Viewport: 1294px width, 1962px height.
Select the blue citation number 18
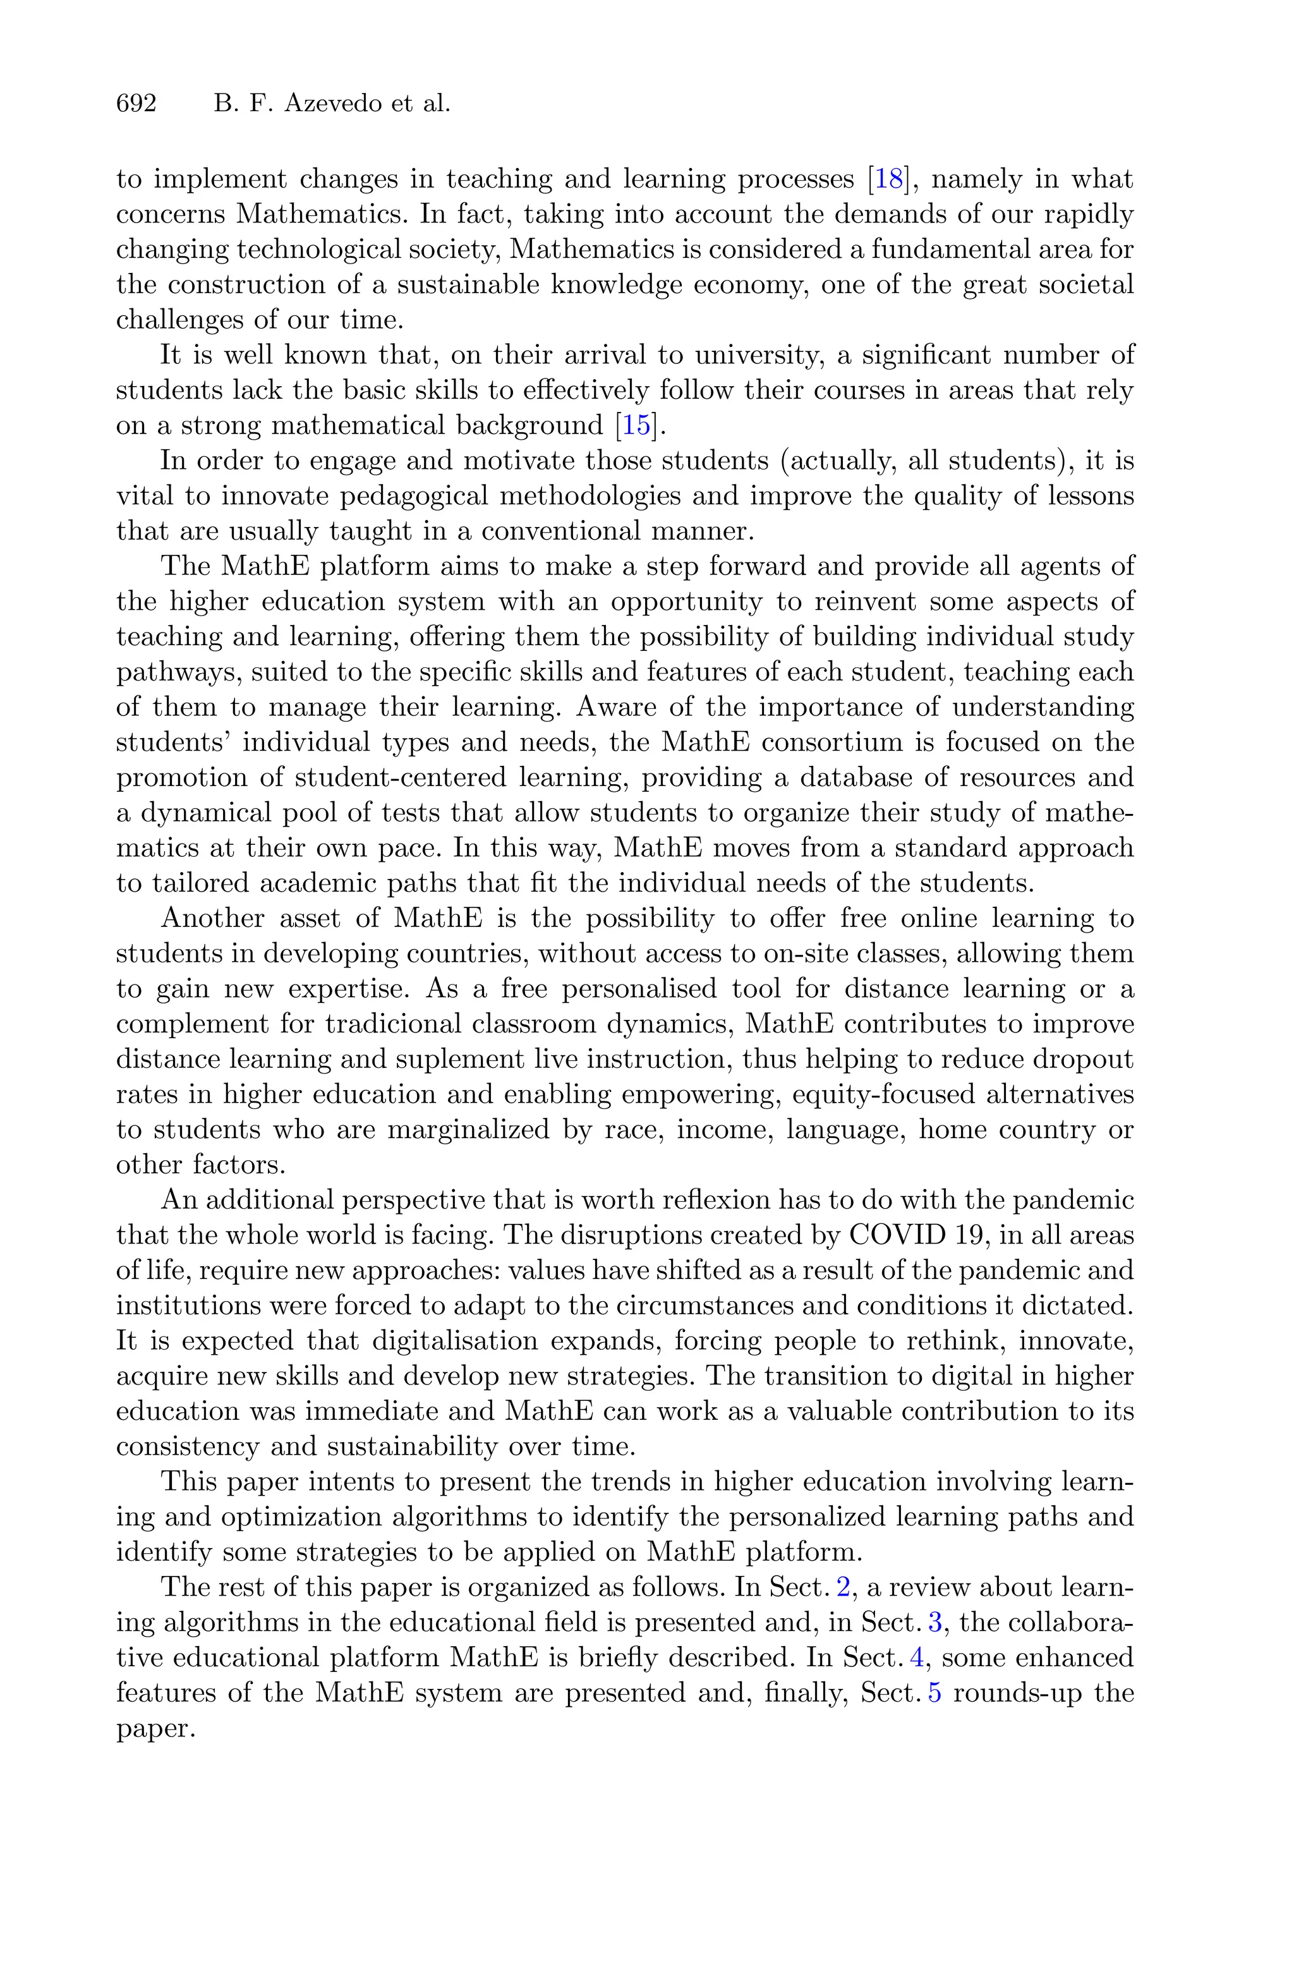coord(887,179)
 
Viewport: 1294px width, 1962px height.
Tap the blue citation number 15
coord(636,426)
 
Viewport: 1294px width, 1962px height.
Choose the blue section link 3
coord(935,1623)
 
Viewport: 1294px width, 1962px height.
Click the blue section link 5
coord(935,1693)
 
